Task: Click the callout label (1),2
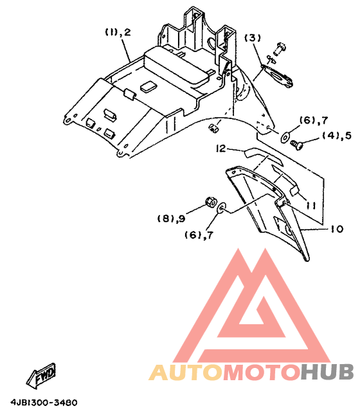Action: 118,32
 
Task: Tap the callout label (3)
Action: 253,38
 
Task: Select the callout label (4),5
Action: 337,135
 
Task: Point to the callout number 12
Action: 221,149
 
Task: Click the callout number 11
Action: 311,205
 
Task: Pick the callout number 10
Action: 337,229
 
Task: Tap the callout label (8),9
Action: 171,218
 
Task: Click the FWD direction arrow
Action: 41,376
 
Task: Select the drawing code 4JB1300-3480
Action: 44,403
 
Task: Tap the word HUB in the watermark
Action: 327,372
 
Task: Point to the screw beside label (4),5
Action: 297,144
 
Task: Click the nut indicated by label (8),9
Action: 211,202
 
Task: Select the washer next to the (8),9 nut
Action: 221,208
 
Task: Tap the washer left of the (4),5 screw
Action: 285,136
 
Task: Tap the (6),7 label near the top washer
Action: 314,120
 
